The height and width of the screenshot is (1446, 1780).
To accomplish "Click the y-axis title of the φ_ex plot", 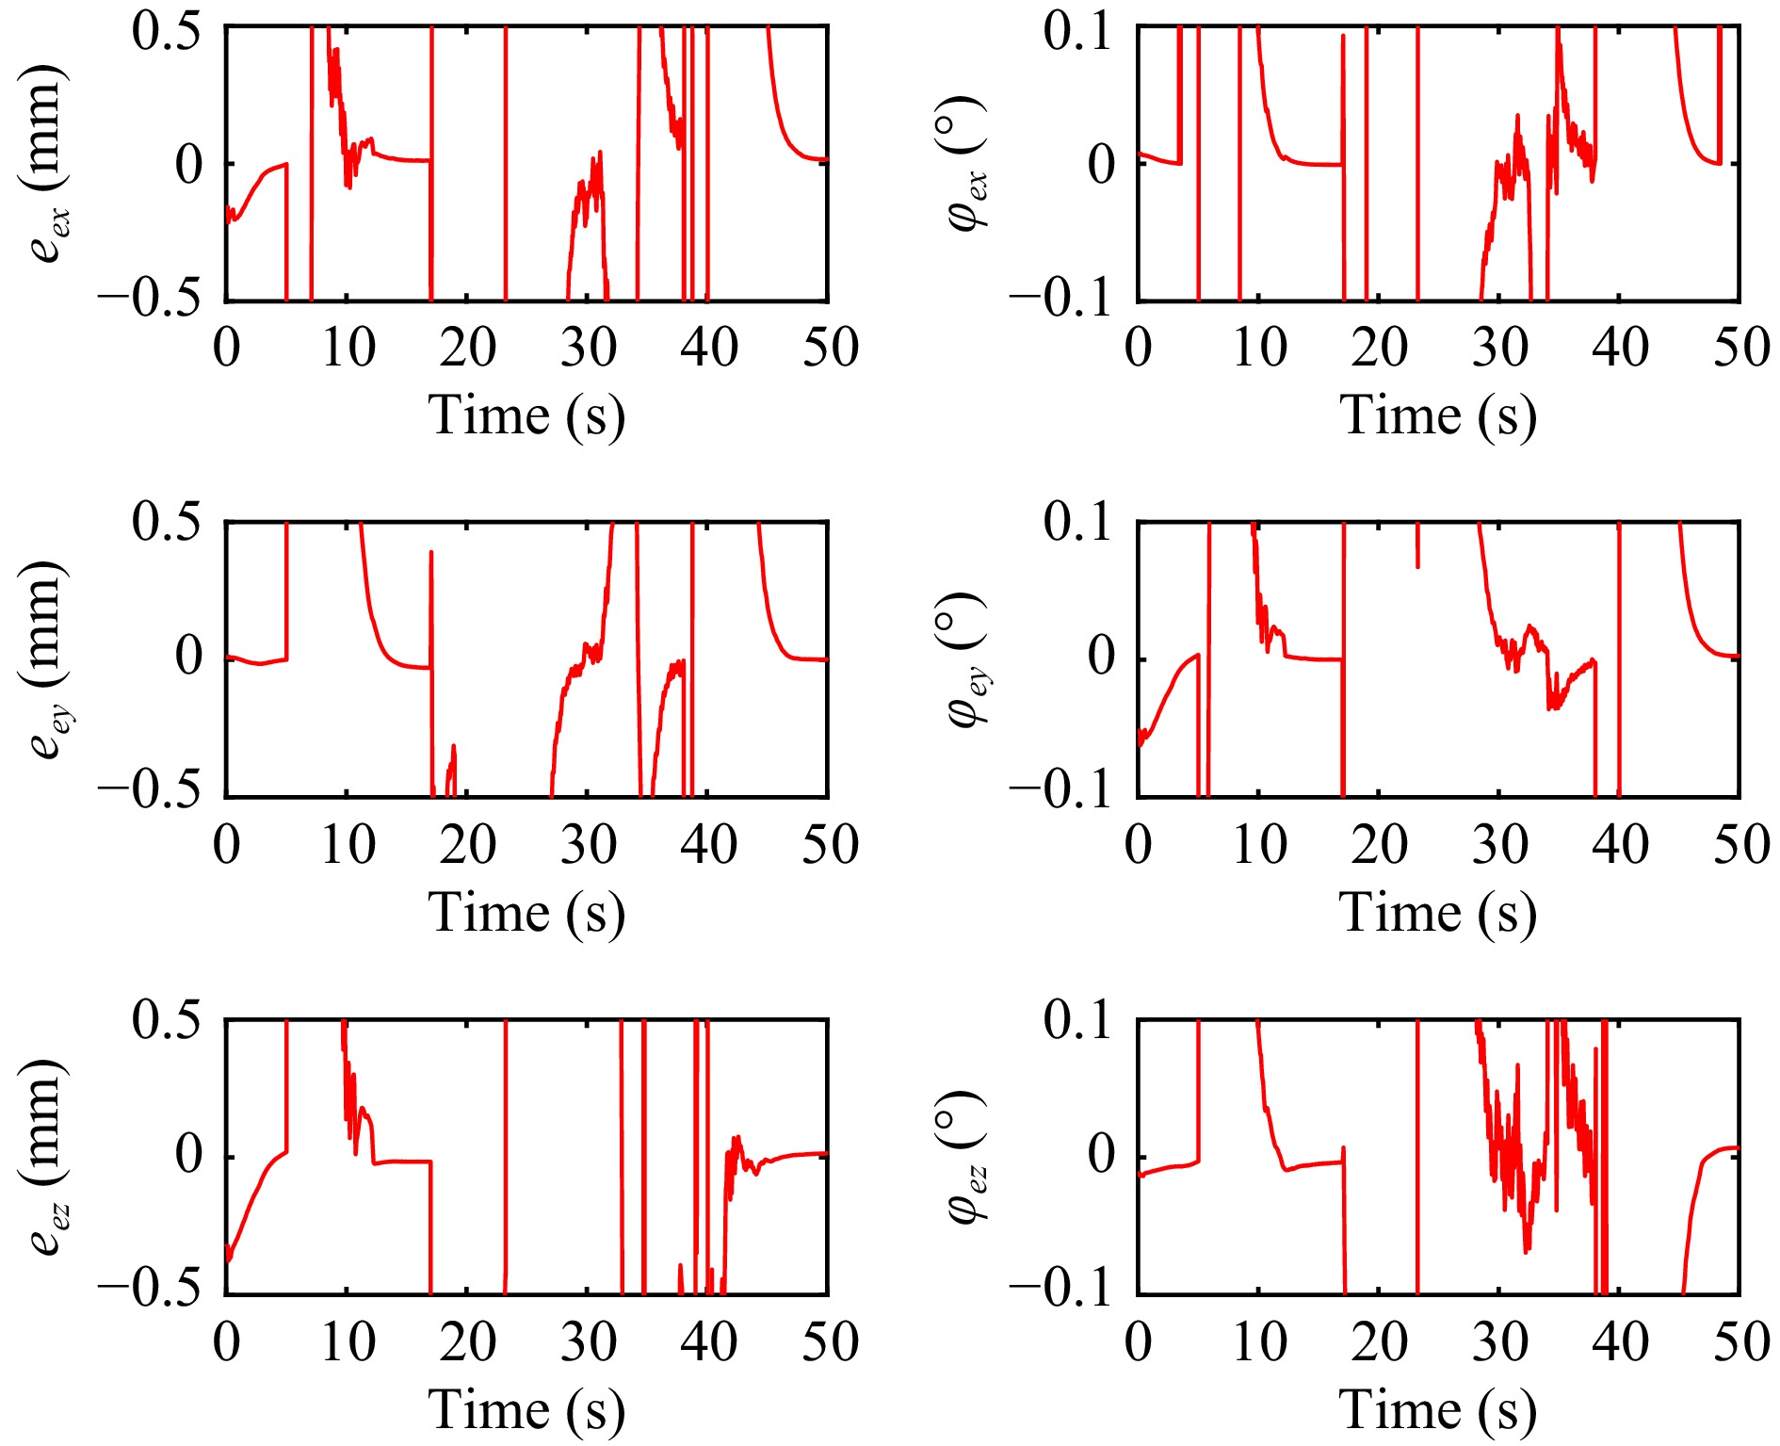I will coord(964,164).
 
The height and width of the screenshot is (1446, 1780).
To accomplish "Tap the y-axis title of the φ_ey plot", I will coord(964,659).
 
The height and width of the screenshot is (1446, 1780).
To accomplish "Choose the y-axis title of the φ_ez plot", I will coord(964,1157).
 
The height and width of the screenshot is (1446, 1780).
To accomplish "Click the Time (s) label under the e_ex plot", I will coord(526,415).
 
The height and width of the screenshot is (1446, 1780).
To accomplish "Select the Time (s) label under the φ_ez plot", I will coord(1438,1410).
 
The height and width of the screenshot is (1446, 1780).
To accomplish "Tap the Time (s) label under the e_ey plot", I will coord(526,913).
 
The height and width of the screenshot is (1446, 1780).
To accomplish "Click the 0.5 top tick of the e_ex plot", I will coord(167,32).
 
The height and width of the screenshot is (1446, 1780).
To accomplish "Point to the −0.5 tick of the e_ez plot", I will coord(151,1289).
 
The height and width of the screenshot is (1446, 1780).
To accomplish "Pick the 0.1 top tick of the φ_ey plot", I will coord(1077,522).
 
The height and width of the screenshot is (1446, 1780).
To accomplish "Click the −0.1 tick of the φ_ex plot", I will coord(1062,298).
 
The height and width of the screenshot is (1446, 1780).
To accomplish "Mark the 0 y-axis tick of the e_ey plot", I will coord(189,656).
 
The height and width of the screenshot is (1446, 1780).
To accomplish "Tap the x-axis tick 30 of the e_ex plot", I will coord(589,348).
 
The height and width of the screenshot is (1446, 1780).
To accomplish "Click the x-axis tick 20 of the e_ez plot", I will coord(467,1342).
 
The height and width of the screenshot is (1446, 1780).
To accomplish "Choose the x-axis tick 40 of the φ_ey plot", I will coord(1620,845).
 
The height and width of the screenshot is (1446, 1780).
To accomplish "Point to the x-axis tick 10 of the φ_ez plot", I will coord(1259,1342).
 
